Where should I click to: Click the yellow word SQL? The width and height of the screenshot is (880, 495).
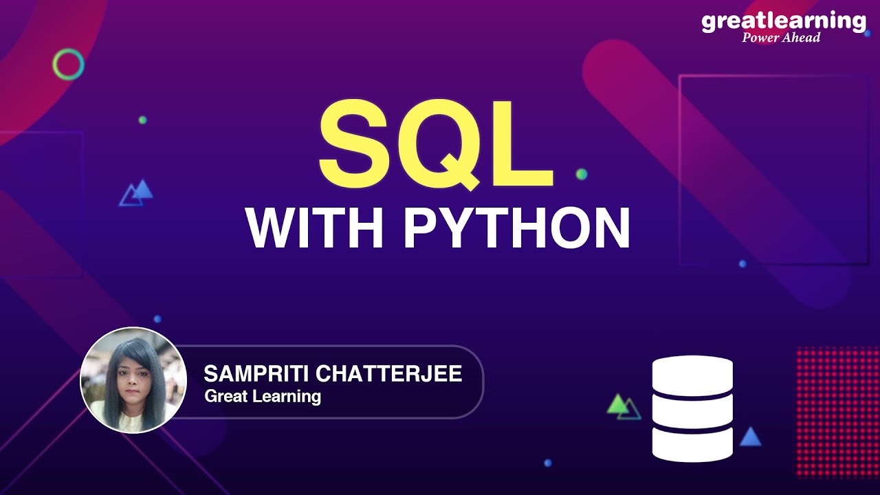point(435,144)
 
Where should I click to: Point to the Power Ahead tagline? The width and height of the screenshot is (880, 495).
point(781,37)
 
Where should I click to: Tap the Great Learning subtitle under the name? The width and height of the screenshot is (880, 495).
point(263,396)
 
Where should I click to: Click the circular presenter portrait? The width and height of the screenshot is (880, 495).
point(133,380)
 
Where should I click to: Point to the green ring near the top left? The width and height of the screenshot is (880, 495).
point(68,65)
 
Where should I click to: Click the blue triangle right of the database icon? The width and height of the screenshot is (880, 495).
point(750,437)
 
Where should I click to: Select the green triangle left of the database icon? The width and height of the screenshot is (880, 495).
point(617,404)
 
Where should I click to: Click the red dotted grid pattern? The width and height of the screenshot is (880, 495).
point(837,410)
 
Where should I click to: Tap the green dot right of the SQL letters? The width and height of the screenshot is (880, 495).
point(582,174)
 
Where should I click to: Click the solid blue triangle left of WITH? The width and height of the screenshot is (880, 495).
point(142,189)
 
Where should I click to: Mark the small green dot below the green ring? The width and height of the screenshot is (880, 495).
point(142,120)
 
